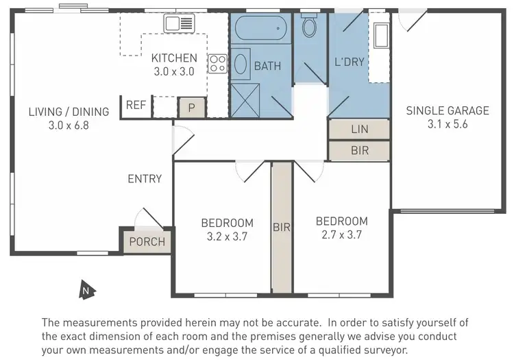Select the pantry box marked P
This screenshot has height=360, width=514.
(191, 107)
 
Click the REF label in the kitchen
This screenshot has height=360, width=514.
(136, 105)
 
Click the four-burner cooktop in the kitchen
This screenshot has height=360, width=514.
(218, 64)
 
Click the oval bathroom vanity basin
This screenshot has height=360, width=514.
(241, 64)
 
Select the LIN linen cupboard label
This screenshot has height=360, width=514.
(360, 129)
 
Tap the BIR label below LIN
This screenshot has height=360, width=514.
(360, 151)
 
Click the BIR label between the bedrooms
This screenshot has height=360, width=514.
(282, 227)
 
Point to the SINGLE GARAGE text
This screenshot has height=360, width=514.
(448, 110)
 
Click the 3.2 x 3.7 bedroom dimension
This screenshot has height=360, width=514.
(227, 237)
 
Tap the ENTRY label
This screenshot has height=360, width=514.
(145, 179)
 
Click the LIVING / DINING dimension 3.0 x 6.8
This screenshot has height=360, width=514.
(69, 125)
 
